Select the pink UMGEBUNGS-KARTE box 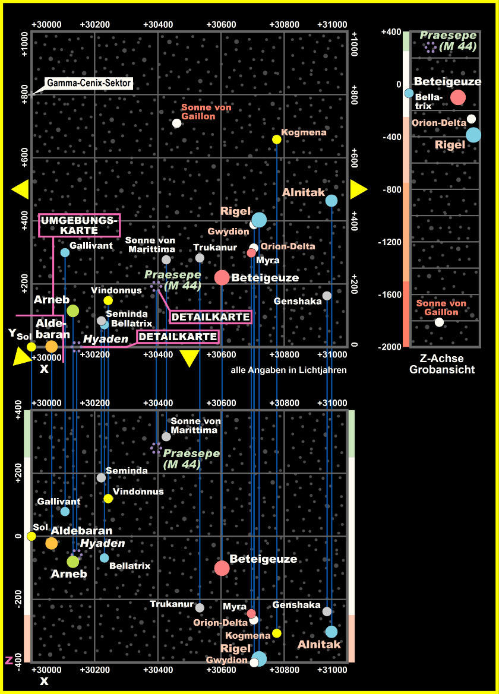coord(79,226)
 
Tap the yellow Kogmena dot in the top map coord(276,140)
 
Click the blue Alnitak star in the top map coord(331,201)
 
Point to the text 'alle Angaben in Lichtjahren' coord(288,370)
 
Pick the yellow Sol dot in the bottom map coord(31,536)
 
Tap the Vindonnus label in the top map coord(116,291)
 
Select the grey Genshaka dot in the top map coord(327,296)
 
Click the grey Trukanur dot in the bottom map coord(200,608)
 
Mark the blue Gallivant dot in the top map coord(65,252)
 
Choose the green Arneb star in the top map coord(72,310)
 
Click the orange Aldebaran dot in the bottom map coord(52,543)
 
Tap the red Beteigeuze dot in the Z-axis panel coord(457,97)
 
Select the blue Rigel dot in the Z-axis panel coord(473,135)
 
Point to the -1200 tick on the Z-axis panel coord(390,242)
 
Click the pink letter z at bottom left coord(9,660)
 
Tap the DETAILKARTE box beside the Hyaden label coord(178,337)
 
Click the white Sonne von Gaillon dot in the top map coord(176,123)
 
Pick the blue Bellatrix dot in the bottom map coord(105,558)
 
